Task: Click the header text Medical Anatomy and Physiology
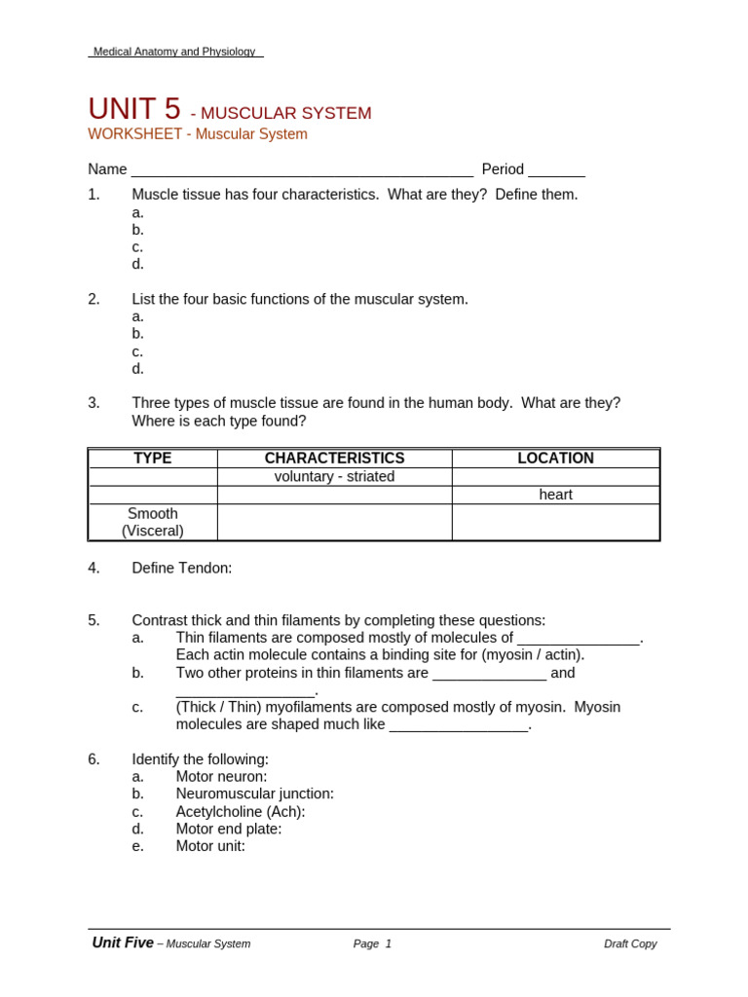pyautogui.click(x=174, y=52)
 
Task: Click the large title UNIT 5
pyautogui.click(x=134, y=109)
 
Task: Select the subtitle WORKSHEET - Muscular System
pyautogui.click(x=198, y=134)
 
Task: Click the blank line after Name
pyautogui.click(x=302, y=170)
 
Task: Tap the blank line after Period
pyautogui.click(x=556, y=170)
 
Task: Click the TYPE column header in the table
pyautogui.click(x=153, y=459)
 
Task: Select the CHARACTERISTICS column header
pyautogui.click(x=334, y=459)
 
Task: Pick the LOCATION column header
pyautogui.click(x=555, y=459)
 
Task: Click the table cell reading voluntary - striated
pyautogui.click(x=334, y=476)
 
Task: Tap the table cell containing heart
pyautogui.click(x=555, y=495)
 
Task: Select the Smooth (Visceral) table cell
pyautogui.click(x=153, y=522)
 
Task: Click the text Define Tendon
pyautogui.click(x=182, y=568)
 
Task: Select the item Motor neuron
pyautogui.click(x=221, y=777)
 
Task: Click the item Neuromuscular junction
pyautogui.click(x=254, y=794)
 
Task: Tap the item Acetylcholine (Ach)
pyautogui.click(x=241, y=812)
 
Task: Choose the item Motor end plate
pyautogui.click(x=229, y=829)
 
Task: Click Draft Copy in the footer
pyautogui.click(x=630, y=943)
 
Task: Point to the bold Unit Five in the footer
pyautogui.click(x=123, y=942)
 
